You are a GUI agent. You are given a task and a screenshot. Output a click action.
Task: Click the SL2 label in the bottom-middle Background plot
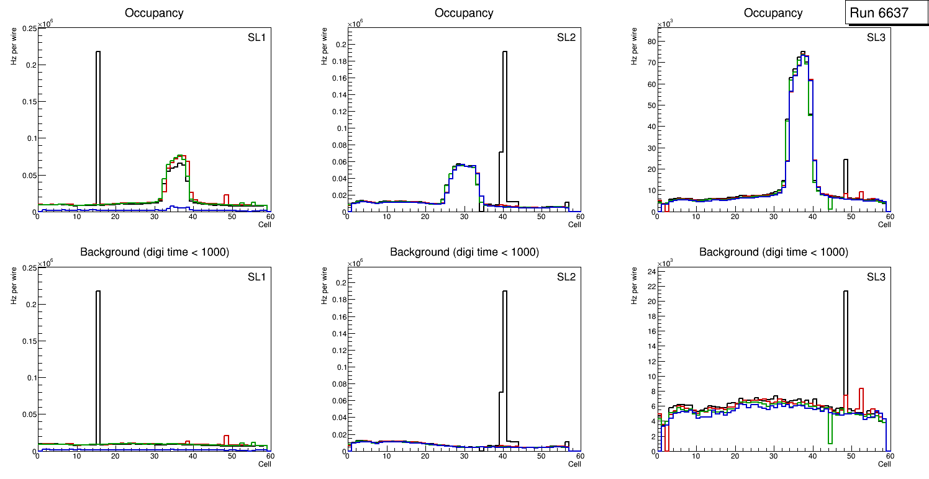click(x=566, y=277)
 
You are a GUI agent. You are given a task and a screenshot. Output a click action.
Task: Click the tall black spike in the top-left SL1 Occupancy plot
click(x=98, y=124)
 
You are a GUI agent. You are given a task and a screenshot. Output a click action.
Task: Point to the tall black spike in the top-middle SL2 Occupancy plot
click(x=505, y=124)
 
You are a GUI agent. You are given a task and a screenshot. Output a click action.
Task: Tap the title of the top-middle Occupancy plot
click(x=464, y=13)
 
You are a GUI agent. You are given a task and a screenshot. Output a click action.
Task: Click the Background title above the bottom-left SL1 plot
click(x=155, y=252)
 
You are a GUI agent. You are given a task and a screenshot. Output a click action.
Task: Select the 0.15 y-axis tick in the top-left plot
click(x=29, y=102)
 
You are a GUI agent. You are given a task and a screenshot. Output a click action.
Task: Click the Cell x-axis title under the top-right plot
click(x=884, y=225)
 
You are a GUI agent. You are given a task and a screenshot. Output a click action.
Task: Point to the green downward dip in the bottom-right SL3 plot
click(x=830, y=428)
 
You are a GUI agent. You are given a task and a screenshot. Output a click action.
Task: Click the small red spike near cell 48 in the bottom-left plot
click(x=227, y=439)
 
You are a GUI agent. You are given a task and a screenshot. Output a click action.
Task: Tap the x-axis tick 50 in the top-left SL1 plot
click(x=232, y=217)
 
